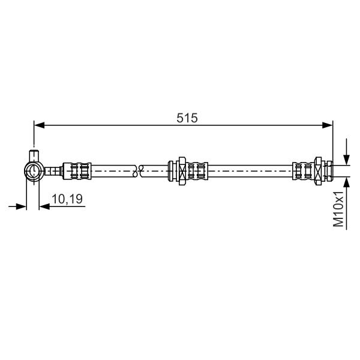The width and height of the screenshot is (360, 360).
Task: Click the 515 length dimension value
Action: pyautogui.click(x=187, y=118)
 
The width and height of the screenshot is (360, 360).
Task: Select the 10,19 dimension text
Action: pyautogui.click(x=67, y=199)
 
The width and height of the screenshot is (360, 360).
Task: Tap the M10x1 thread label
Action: pyautogui.click(x=338, y=209)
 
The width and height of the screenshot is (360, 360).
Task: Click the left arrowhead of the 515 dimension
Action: pyautogui.click(x=39, y=125)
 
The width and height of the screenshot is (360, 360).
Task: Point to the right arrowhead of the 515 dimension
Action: pyautogui.click(x=328, y=125)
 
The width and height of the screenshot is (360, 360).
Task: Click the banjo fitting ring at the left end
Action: pyautogui.click(x=34, y=171)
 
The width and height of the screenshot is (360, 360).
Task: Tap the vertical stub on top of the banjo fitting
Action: pyautogui.click(x=34, y=156)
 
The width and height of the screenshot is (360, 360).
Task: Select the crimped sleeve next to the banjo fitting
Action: pyautogui.click(x=77, y=171)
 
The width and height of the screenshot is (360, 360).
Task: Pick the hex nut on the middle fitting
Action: pyautogui.click(x=182, y=171)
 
